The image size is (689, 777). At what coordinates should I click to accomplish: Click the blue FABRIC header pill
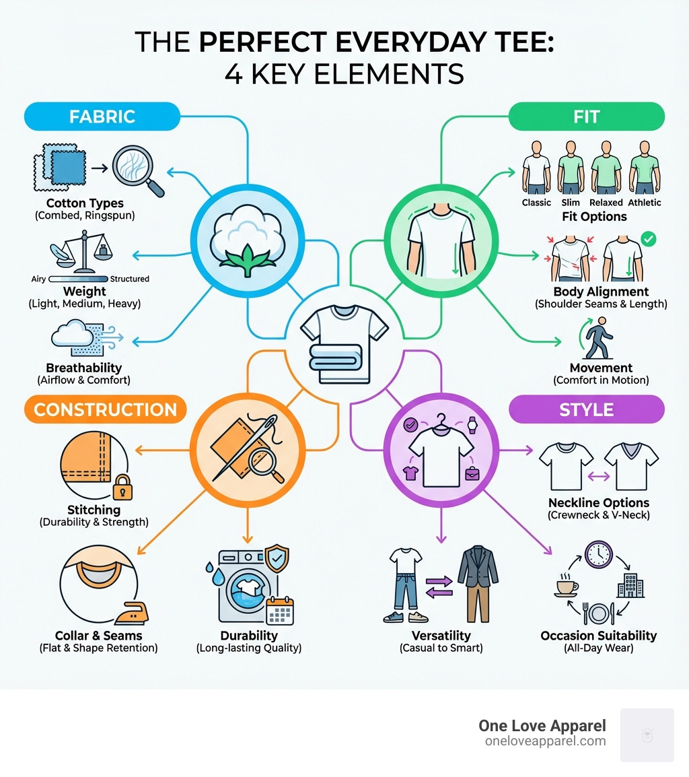102,116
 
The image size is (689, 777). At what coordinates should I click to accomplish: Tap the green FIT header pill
586,116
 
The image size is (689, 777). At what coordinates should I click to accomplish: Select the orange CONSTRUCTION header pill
105,409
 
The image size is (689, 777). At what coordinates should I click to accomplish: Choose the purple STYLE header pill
586,409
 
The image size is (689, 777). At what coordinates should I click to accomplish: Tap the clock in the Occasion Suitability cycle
597,553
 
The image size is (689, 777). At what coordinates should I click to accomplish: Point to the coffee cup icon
565,584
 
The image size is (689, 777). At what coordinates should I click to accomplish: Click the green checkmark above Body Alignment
649,238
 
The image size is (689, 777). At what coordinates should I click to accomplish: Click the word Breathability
84,368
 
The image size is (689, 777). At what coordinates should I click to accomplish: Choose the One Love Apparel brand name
542,726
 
